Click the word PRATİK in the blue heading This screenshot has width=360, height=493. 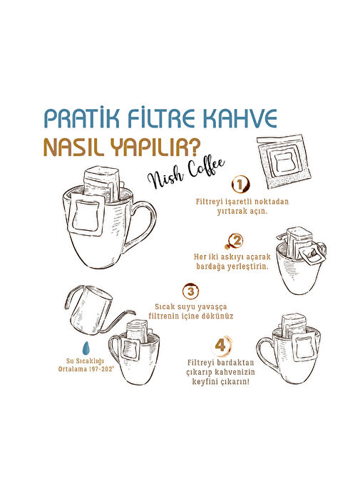[82, 118]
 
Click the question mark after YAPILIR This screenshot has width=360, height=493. [195, 147]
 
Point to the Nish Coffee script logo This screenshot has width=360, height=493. [186, 174]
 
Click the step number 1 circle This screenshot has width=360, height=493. [240, 185]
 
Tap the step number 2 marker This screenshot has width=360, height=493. [236, 242]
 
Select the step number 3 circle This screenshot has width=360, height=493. [191, 291]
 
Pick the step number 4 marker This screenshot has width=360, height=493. [221, 345]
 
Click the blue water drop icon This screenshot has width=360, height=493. [86, 348]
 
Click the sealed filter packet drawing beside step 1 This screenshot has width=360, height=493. [284, 161]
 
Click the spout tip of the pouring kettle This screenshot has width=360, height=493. [135, 313]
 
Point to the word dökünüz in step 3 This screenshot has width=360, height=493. [217, 316]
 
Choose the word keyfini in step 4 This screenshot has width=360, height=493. [205, 382]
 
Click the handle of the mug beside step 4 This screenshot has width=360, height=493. [267, 353]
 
